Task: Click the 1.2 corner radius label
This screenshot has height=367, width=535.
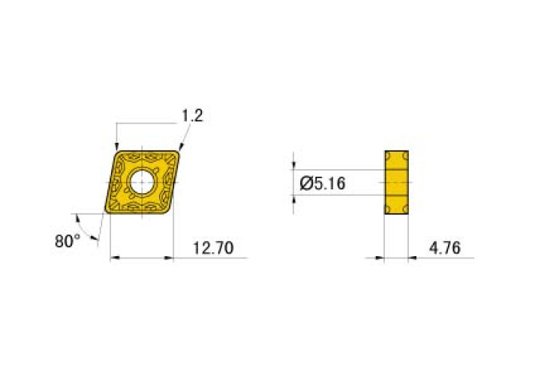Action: pyautogui.click(x=192, y=116)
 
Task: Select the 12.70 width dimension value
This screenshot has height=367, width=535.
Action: pyautogui.click(x=213, y=248)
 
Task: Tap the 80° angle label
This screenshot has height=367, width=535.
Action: pyautogui.click(x=68, y=240)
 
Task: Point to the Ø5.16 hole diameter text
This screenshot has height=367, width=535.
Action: pyautogui.click(x=322, y=183)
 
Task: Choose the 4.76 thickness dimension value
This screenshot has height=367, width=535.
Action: pyautogui.click(x=445, y=248)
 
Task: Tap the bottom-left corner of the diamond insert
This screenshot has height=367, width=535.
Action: pyautogui.click(x=107, y=212)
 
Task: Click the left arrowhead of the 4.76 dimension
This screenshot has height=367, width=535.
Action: pyautogui.click(x=380, y=258)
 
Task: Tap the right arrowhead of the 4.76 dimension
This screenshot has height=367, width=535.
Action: pyautogui.click(x=413, y=258)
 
